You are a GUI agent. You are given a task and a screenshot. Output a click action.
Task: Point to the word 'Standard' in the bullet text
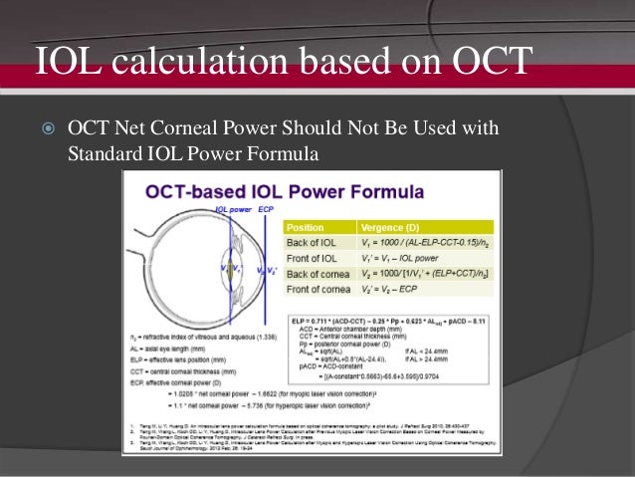[x=105, y=154]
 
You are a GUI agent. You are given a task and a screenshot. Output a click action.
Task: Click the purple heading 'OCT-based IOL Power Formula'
[x=284, y=192]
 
